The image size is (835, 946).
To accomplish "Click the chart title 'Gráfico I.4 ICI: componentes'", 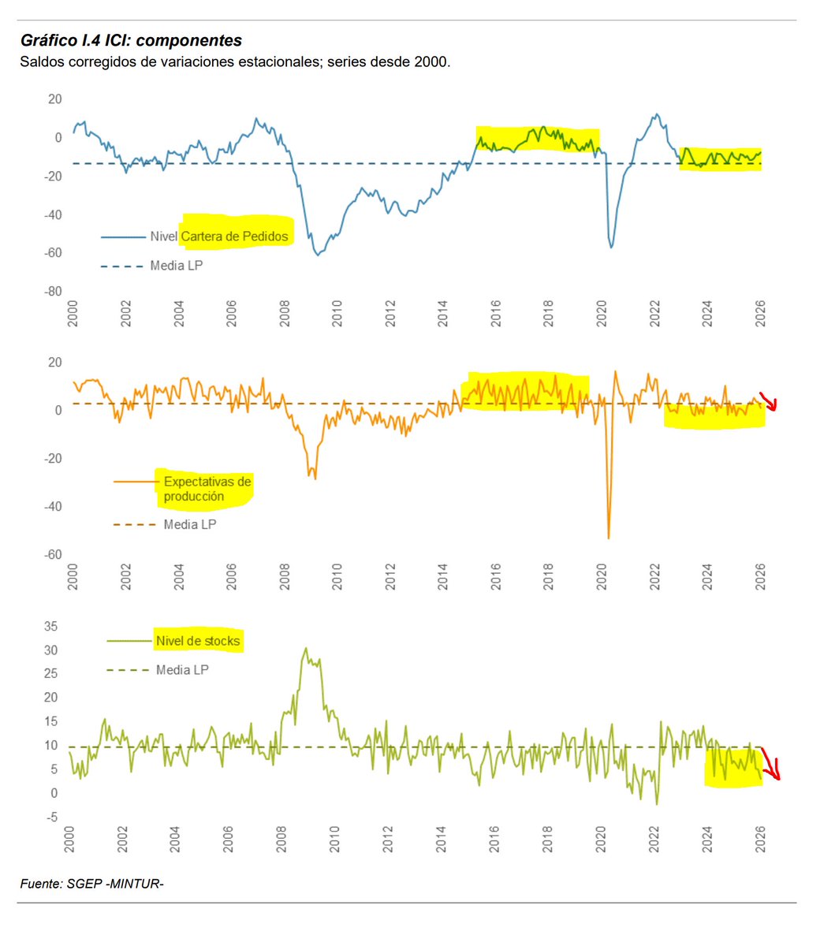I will [x=131, y=41].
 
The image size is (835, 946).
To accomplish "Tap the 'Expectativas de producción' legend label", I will [x=207, y=489].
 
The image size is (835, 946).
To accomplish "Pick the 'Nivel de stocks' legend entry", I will [x=197, y=641].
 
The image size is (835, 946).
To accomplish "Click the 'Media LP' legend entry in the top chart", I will [x=176, y=266].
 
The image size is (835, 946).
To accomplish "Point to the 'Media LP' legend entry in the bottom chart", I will [x=182, y=670].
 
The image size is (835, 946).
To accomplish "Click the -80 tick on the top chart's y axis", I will [x=52, y=292].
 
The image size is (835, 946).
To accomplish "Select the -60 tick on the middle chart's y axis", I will [x=52, y=555].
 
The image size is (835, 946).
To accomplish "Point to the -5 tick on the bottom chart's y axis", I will [x=50, y=818].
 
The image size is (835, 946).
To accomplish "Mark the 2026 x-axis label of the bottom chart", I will [x=760, y=839].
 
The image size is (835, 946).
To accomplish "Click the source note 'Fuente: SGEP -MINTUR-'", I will [x=91, y=885].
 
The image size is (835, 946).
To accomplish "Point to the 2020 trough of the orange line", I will [x=608, y=538].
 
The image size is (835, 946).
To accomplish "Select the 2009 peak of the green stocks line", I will [x=306, y=649].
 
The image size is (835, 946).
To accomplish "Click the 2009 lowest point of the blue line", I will [x=317, y=255].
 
